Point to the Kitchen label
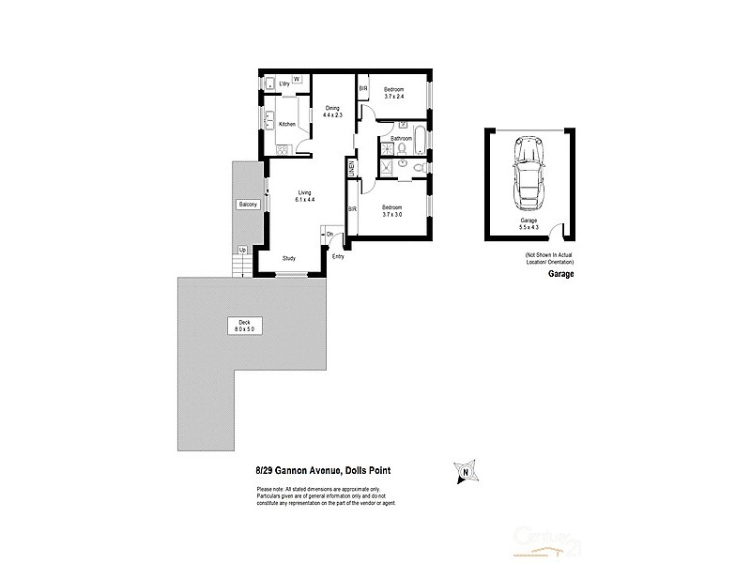pyautogui.click(x=286, y=124)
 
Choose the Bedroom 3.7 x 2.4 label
pyautogui.click(x=392, y=92)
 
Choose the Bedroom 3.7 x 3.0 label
pyautogui.click(x=391, y=211)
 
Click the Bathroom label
pyautogui.click(x=402, y=139)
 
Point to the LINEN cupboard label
pyautogui.click(x=352, y=169)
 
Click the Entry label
pyautogui.click(x=338, y=255)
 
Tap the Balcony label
pyautogui.click(x=248, y=205)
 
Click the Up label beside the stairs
pyautogui.click(x=242, y=250)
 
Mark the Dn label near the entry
pyautogui.click(x=330, y=234)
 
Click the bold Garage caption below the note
pyautogui.click(x=560, y=275)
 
